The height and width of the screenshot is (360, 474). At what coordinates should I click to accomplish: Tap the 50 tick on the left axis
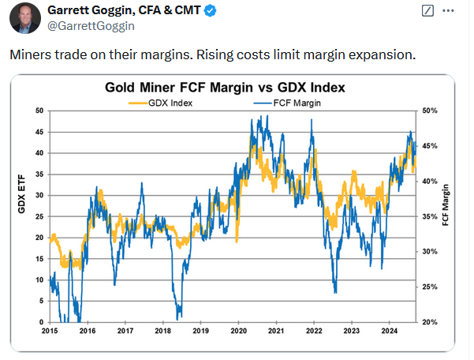[39, 111]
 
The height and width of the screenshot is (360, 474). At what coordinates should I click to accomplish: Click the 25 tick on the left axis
[39, 216]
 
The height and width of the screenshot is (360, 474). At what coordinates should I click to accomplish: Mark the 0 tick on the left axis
[42, 322]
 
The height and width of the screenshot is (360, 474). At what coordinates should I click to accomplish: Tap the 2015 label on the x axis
[50, 332]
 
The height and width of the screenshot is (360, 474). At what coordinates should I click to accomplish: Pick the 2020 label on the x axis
[239, 332]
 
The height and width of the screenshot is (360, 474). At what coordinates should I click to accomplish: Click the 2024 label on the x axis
[390, 332]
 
